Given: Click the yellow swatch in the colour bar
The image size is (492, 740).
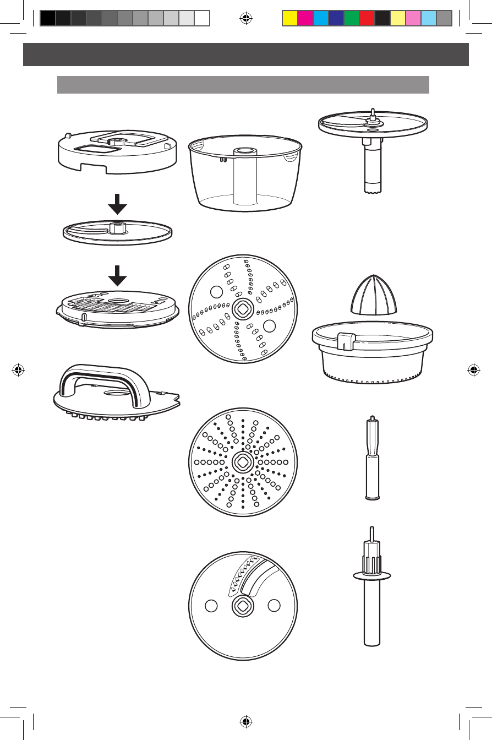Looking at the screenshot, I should (289, 19).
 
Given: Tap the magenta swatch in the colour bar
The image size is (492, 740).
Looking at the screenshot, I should (305, 19).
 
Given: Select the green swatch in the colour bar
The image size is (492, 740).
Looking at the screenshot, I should (351, 19).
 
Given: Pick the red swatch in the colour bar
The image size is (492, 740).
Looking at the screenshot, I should (367, 19).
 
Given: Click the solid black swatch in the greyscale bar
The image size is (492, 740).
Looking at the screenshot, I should (48, 19).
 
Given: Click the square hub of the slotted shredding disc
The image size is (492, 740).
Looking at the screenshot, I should (242, 309).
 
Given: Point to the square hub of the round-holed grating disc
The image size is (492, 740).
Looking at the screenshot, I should (242, 462).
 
